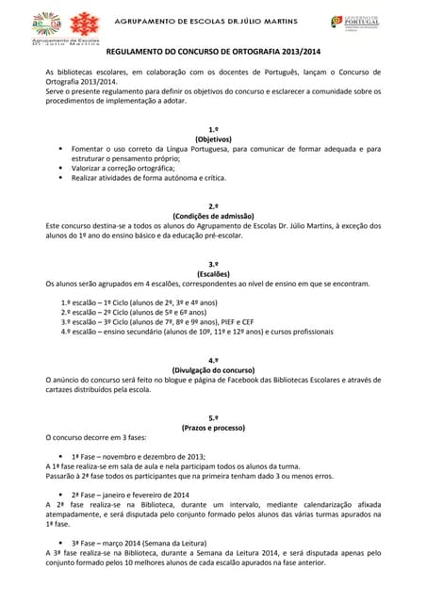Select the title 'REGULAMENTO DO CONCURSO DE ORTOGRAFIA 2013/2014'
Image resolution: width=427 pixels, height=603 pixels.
click(x=213, y=56)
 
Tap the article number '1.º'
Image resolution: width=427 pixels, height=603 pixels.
click(x=213, y=128)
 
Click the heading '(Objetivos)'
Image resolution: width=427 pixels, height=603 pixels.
click(x=213, y=139)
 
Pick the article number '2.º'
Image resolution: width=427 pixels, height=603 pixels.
click(x=213, y=205)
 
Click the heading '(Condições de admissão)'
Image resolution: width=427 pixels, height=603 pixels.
click(x=213, y=216)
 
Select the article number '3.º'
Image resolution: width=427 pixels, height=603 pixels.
click(x=213, y=264)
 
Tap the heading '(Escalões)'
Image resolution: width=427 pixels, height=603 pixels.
click(x=213, y=274)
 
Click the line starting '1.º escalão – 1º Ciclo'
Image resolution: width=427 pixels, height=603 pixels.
click(x=140, y=302)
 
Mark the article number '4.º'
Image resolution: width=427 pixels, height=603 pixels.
click(x=213, y=360)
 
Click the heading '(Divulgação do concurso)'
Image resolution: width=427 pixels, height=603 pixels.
click(x=213, y=370)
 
